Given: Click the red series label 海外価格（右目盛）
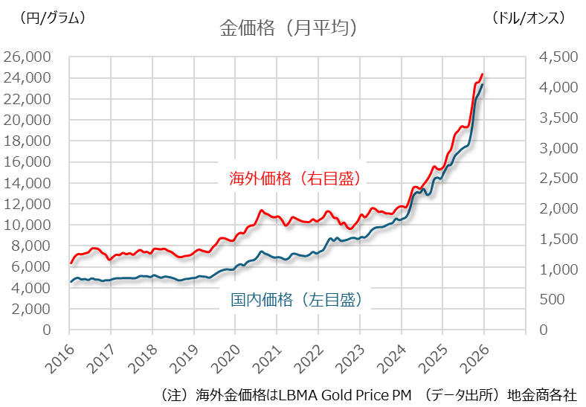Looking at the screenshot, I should pyautogui.click(x=295, y=179).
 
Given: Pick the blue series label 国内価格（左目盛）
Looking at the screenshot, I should pyautogui.click(x=295, y=300).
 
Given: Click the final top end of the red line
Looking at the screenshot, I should pyautogui.click(x=483, y=74).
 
